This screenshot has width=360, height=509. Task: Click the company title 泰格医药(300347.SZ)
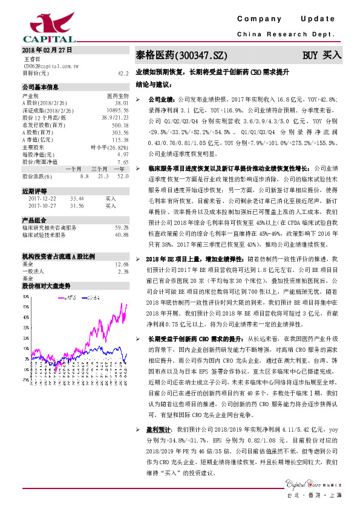(181, 56)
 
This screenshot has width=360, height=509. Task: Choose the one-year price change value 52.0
(123, 176)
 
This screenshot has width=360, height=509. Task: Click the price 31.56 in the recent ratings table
(77, 206)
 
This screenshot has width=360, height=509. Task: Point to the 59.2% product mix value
(122, 227)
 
